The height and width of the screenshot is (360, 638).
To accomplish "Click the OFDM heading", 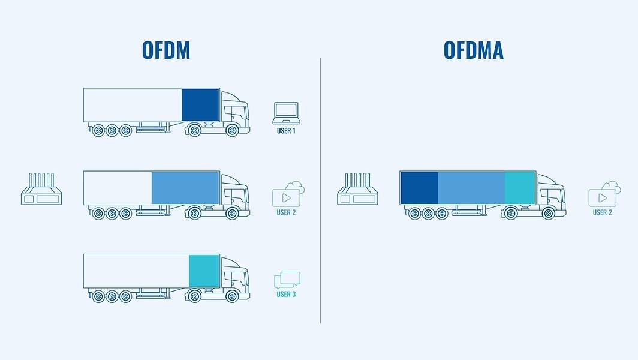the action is pyautogui.click(x=166, y=50).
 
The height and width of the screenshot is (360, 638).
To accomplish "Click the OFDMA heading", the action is pyautogui.click(x=473, y=50).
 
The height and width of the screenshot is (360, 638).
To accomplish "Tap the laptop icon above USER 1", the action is pyautogui.click(x=287, y=113).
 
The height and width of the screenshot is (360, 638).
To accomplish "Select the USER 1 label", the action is pyautogui.click(x=286, y=131).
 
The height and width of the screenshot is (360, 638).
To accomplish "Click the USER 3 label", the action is pyautogui.click(x=286, y=294).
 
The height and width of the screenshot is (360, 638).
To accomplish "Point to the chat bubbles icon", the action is pyautogui.click(x=287, y=280).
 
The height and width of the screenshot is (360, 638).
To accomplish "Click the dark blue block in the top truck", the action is pyautogui.click(x=201, y=105).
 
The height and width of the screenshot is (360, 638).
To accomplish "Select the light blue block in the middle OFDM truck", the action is pyautogui.click(x=185, y=188).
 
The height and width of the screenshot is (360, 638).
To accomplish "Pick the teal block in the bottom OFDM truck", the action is pyautogui.click(x=204, y=271).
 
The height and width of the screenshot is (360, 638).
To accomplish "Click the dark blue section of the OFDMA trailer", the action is pyautogui.click(x=419, y=188).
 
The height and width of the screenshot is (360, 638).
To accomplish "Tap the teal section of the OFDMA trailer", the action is pyautogui.click(x=520, y=188).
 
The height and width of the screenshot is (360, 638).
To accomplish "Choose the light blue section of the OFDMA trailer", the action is pyautogui.click(x=471, y=188).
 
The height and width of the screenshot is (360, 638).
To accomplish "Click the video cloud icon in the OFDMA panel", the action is pyautogui.click(x=604, y=194).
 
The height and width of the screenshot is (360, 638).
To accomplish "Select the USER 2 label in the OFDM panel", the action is pyautogui.click(x=286, y=212).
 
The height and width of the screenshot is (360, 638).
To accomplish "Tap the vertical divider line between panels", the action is pyautogui.click(x=320, y=191).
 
